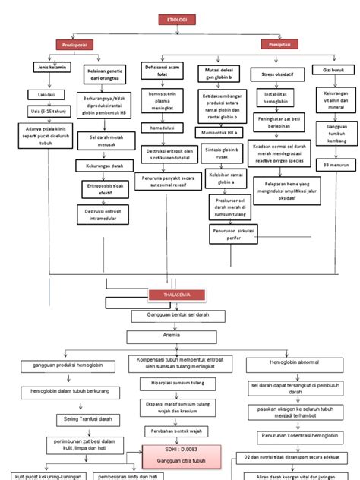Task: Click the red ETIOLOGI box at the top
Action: tap(179, 18)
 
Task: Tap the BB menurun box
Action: tap(335, 164)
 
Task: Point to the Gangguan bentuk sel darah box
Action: tap(180, 314)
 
